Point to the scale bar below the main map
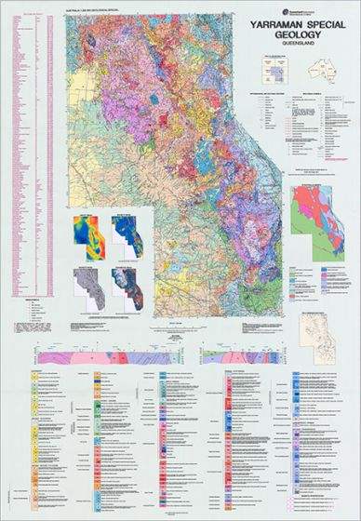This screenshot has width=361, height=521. (x=167, y=323)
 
